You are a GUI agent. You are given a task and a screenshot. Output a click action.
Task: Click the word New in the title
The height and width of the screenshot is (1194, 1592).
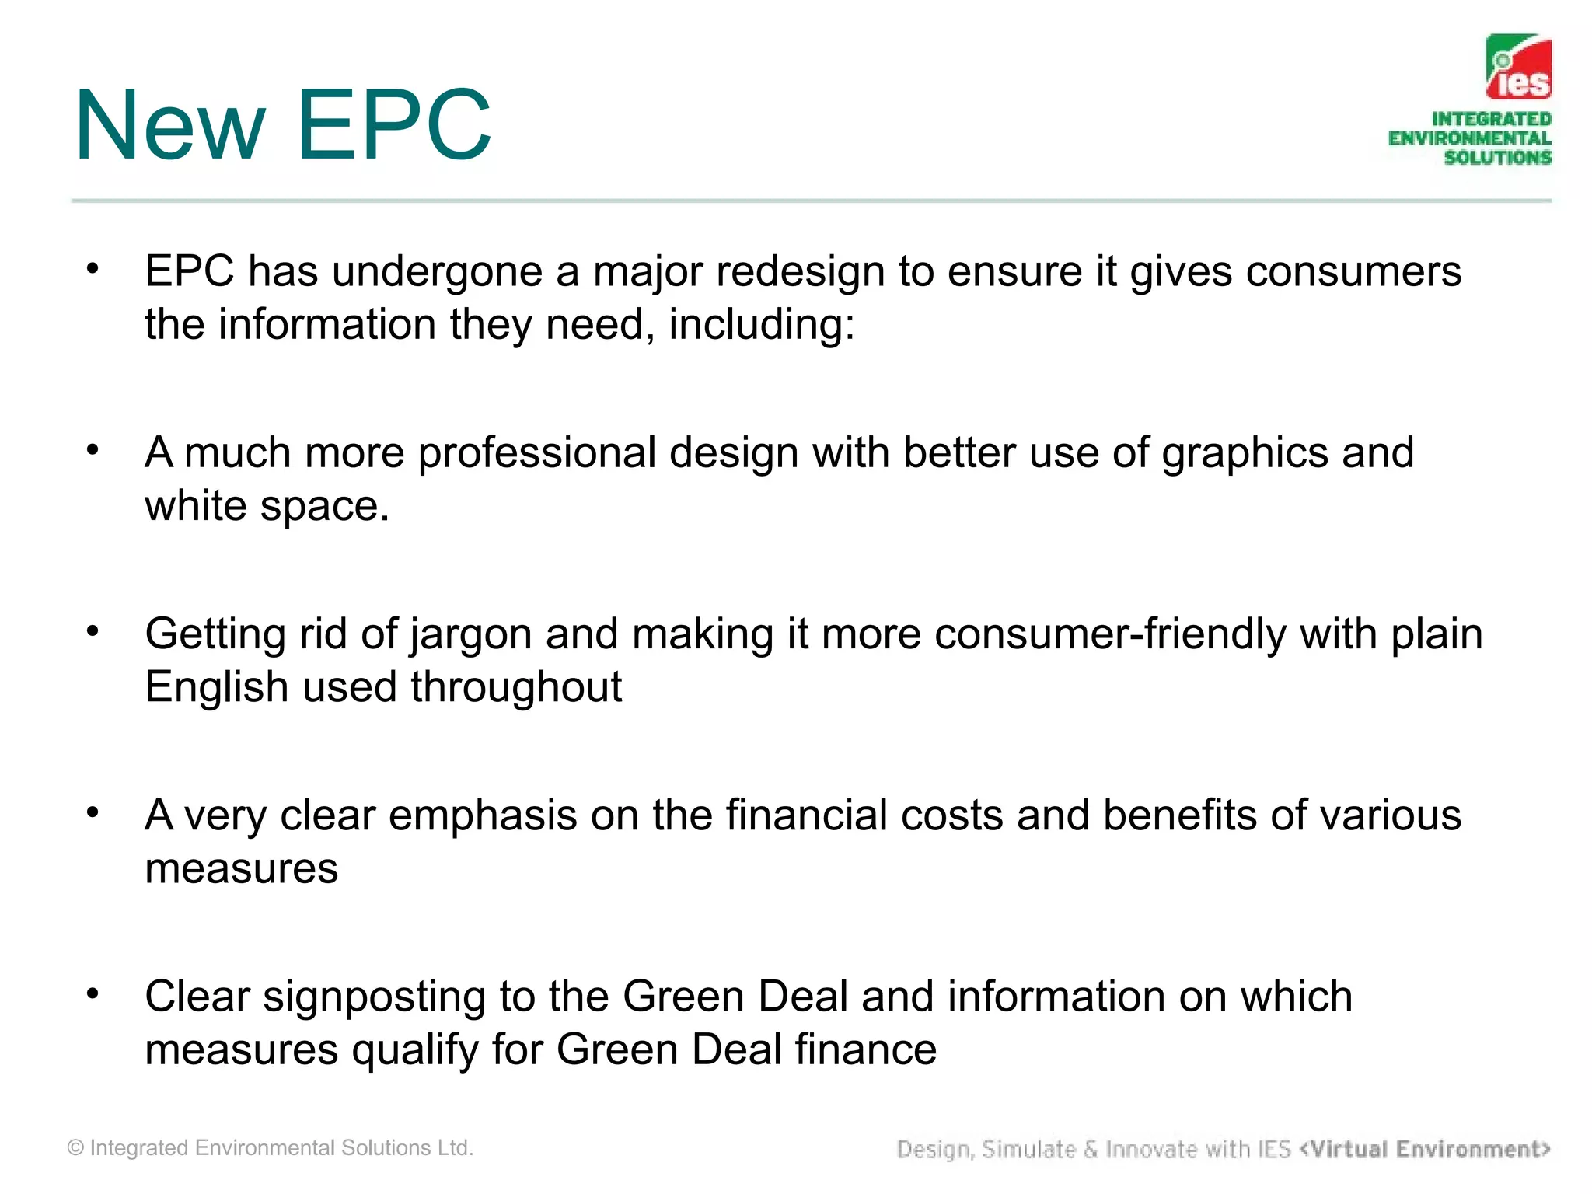tap(170, 125)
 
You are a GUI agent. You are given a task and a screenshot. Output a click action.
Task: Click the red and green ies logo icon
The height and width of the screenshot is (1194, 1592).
tap(1518, 68)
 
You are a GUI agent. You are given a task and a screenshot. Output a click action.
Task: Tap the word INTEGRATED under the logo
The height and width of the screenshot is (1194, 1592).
tap(1491, 119)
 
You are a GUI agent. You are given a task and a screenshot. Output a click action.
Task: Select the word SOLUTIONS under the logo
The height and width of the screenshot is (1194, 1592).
tap(1497, 157)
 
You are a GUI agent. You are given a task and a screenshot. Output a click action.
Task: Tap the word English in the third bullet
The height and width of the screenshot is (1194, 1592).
tap(217, 688)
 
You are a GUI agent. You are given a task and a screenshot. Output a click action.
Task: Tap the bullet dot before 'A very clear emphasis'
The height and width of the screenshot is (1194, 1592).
tap(93, 812)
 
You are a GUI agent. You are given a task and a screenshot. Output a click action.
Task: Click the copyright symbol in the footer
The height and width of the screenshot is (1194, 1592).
tap(75, 1148)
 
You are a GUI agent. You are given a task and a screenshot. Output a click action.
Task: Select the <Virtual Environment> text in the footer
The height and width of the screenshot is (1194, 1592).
tap(1424, 1149)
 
